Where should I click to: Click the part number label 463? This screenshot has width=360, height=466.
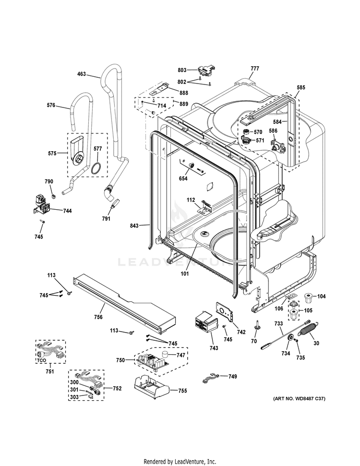(82, 74)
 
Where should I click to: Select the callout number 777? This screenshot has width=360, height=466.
(254, 69)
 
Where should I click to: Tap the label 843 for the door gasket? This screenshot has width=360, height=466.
(135, 225)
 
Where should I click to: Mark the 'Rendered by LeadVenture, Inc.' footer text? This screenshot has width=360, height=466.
(180, 461)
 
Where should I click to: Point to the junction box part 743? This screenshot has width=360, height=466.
(205, 322)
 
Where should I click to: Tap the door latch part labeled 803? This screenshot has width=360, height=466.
(205, 72)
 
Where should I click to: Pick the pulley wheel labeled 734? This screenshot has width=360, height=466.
(290, 339)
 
